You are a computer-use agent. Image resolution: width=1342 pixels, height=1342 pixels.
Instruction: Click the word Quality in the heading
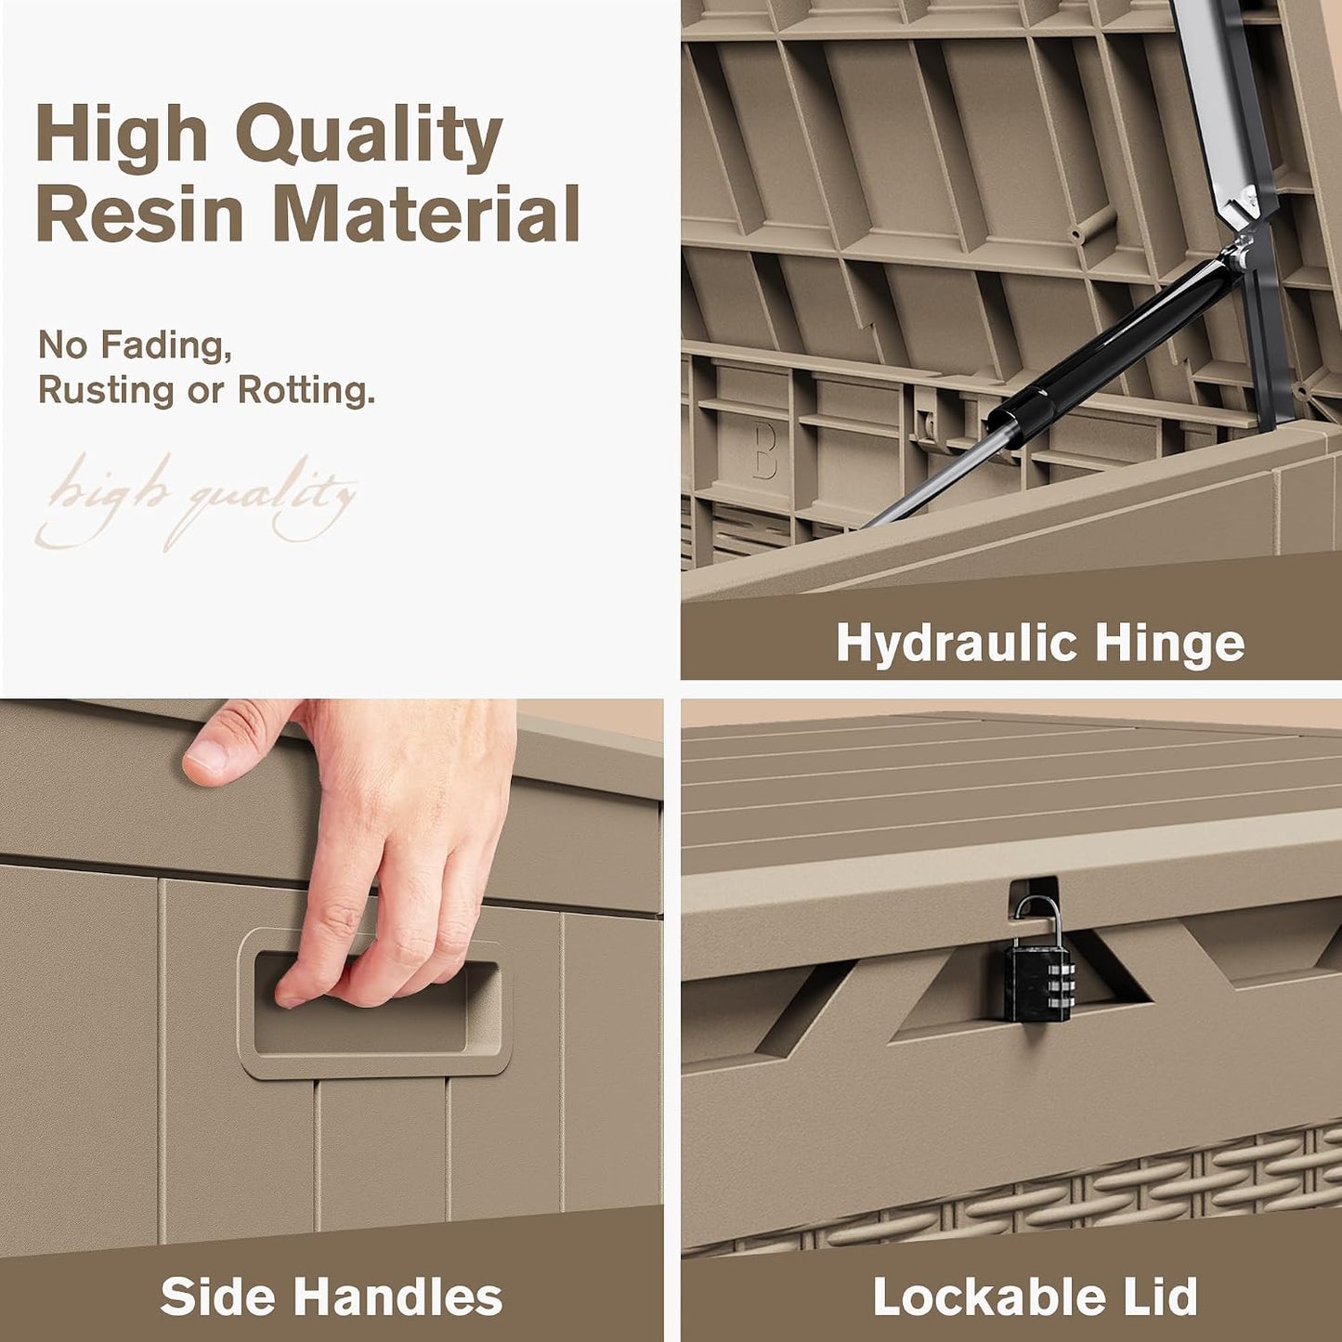[x=369, y=137]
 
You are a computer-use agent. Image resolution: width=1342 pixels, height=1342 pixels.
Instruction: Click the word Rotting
[x=306, y=390]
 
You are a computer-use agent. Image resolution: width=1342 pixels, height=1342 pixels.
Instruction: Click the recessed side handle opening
[x=377, y=1004]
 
